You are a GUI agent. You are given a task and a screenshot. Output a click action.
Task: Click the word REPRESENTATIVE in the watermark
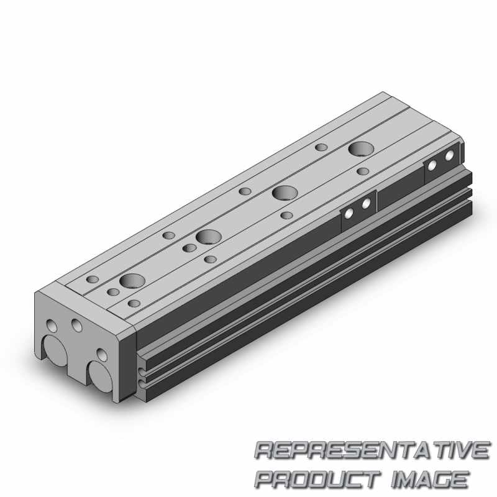click(372, 450)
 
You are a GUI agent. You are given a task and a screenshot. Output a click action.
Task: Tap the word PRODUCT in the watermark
click(317, 479)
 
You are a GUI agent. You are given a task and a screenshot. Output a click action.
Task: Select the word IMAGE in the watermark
click(430, 479)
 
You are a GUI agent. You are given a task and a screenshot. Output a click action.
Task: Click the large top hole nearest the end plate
click(132, 281)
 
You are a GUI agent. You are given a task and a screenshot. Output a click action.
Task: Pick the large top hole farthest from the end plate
click(361, 148)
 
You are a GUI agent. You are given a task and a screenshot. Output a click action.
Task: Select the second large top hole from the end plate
click(208, 237)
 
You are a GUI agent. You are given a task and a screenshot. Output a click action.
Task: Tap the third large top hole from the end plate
click(285, 193)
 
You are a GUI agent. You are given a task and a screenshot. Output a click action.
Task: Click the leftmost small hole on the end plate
click(52, 326)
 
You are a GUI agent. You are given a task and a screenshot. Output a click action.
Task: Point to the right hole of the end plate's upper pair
click(77, 326)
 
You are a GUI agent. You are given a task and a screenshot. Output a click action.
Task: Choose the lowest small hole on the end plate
click(102, 355)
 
